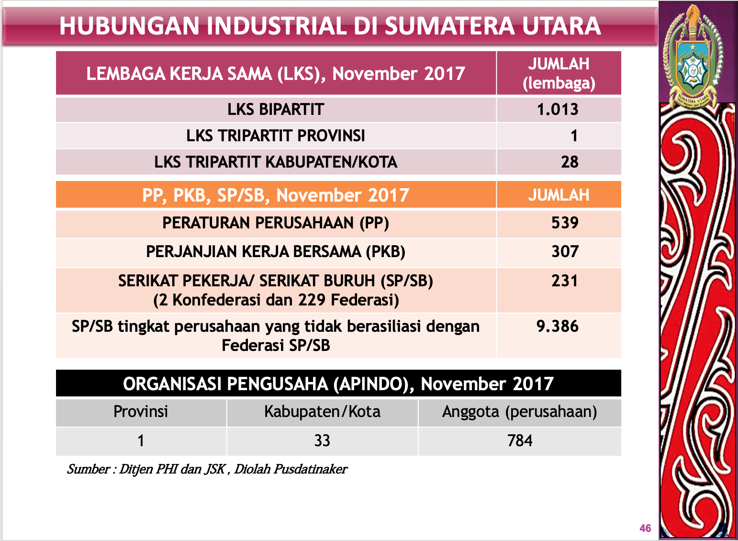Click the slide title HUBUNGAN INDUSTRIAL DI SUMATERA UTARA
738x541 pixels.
click(330, 26)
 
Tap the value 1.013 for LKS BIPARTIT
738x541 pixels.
click(558, 110)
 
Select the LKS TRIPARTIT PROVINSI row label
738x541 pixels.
click(276, 136)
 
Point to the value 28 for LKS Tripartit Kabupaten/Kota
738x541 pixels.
click(570, 162)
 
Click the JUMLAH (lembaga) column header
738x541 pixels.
click(559, 73)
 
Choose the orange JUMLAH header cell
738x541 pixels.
click(559, 195)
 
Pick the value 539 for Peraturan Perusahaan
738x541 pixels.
click(565, 223)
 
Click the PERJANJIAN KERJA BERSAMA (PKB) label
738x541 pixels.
click(276, 252)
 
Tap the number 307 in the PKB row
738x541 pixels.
click(565, 252)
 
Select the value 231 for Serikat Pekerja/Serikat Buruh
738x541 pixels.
click(565, 281)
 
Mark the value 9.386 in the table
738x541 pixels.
click(558, 327)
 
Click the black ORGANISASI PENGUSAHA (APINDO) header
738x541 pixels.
click(338, 384)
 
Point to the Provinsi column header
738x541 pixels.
click(141, 412)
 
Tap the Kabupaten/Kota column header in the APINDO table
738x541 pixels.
click(322, 412)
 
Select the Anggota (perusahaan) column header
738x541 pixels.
click(519, 412)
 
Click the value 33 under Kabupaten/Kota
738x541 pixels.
click(322, 440)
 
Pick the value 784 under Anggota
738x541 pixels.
click(520, 440)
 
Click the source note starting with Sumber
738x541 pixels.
click(207, 469)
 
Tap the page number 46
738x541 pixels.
click(645, 529)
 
